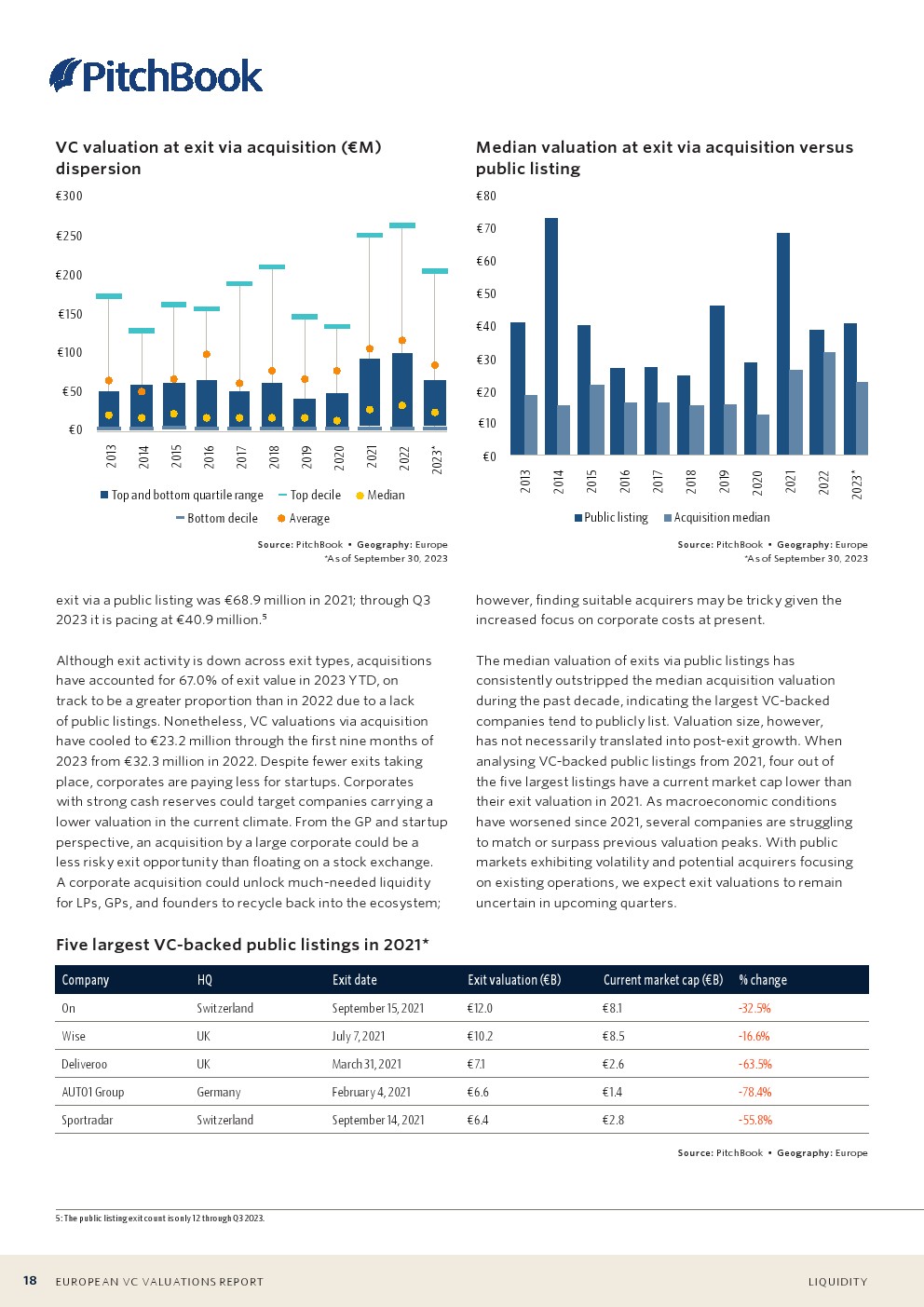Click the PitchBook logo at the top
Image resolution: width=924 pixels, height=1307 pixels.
coord(156,75)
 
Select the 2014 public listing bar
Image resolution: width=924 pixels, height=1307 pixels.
coord(551,336)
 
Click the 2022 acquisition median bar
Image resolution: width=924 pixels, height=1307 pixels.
coord(829,403)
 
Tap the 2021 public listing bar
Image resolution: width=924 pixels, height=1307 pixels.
coord(783,344)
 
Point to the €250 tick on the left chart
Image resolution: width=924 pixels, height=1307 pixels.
coord(69,236)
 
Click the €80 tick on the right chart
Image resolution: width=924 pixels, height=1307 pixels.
coord(486,196)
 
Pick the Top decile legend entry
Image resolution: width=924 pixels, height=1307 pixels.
coord(310,496)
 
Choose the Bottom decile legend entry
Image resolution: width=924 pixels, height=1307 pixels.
coord(217,519)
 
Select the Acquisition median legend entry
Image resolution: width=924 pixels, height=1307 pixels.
coord(716,518)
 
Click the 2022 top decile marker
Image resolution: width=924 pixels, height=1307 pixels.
coord(402,225)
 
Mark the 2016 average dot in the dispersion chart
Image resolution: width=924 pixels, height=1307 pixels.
coord(207,354)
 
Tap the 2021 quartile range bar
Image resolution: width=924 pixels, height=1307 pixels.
coord(370,392)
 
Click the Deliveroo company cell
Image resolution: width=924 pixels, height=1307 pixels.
coord(85,1064)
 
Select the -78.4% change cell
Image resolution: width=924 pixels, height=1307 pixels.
coord(754,1092)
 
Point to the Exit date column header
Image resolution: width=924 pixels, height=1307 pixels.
coord(355,980)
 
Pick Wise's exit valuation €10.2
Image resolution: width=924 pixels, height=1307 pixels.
coord(481,1036)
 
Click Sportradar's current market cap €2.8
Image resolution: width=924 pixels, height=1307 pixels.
coord(614,1120)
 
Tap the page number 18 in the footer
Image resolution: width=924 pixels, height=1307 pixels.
coord(30,1281)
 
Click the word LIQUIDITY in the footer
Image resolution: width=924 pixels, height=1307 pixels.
coord(837,1282)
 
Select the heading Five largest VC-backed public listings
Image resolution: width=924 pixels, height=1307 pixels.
coord(242,945)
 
